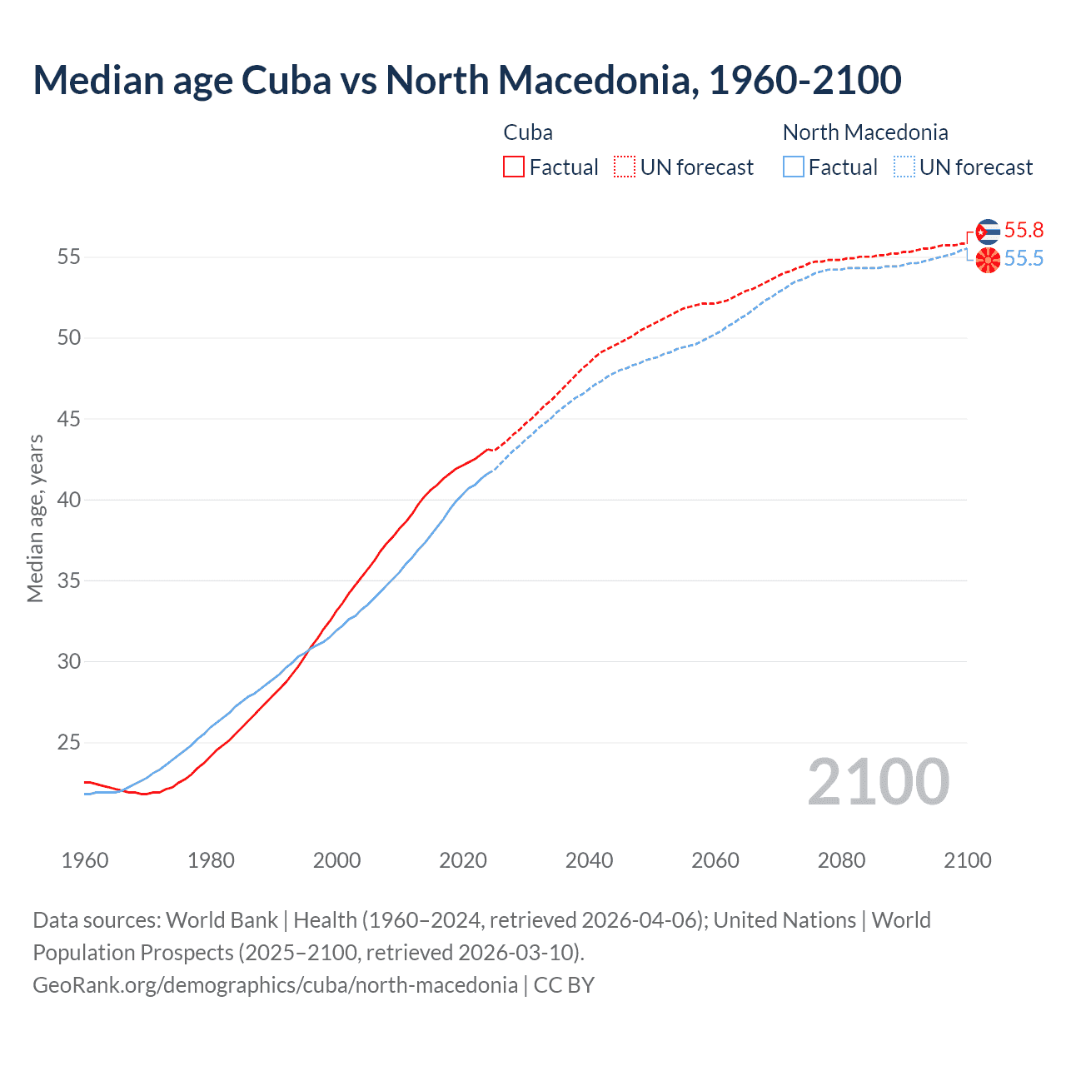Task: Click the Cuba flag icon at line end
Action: [988, 232]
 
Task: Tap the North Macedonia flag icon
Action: [988, 260]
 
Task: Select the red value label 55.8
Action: [1024, 231]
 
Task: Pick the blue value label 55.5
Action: [1024, 259]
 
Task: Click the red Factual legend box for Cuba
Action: [514, 167]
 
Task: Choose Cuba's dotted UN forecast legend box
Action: [625, 167]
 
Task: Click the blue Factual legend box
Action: [794, 167]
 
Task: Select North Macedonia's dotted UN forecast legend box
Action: [904, 167]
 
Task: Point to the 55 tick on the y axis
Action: [69, 257]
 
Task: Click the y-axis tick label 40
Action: [69, 501]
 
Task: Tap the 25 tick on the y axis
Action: [69, 743]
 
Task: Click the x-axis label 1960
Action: [85, 860]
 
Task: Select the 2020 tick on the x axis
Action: [463, 860]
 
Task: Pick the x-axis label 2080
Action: [841, 860]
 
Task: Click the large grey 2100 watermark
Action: [879, 782]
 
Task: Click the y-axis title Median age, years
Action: [35, 518]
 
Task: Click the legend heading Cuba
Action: [528, 132]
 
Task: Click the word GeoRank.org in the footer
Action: [91, 985]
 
